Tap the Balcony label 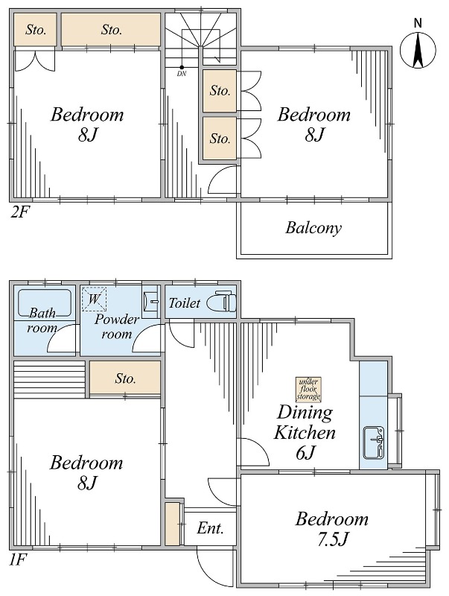[313, 228]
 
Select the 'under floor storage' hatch [308, 389]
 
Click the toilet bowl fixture [221, 302]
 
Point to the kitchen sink [374, 443]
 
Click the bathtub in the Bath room [45, 303]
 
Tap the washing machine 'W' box [95, 299]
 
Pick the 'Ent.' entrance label [210, 528]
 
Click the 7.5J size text [332, 539]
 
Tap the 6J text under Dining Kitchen [306, 452]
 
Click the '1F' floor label [18, 559]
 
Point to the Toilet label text [184, 303]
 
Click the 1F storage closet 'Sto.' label [125, 378]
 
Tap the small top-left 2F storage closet [35, 30]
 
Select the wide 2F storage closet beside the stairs [111, 30]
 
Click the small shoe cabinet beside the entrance [172, 524]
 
